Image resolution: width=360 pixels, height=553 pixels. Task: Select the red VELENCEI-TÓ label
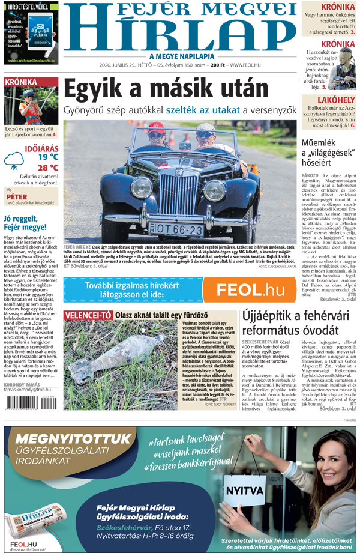point(88,315)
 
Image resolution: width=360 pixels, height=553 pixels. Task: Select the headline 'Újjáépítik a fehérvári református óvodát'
point(298,322)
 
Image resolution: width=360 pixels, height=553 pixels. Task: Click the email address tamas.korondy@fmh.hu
point(27,389)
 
